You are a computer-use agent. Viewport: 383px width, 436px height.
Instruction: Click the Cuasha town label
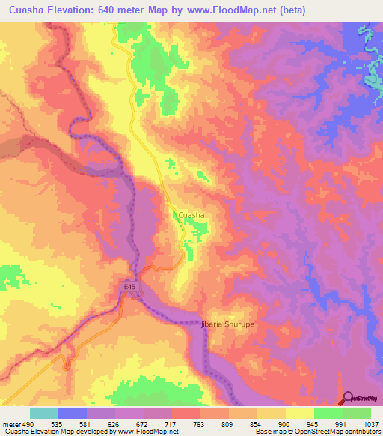191,215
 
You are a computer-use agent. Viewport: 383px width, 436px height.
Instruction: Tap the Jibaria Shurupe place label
227,324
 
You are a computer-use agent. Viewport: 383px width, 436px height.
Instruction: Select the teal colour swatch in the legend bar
44,413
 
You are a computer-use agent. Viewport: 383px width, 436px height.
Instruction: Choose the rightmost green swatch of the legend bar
357,413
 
